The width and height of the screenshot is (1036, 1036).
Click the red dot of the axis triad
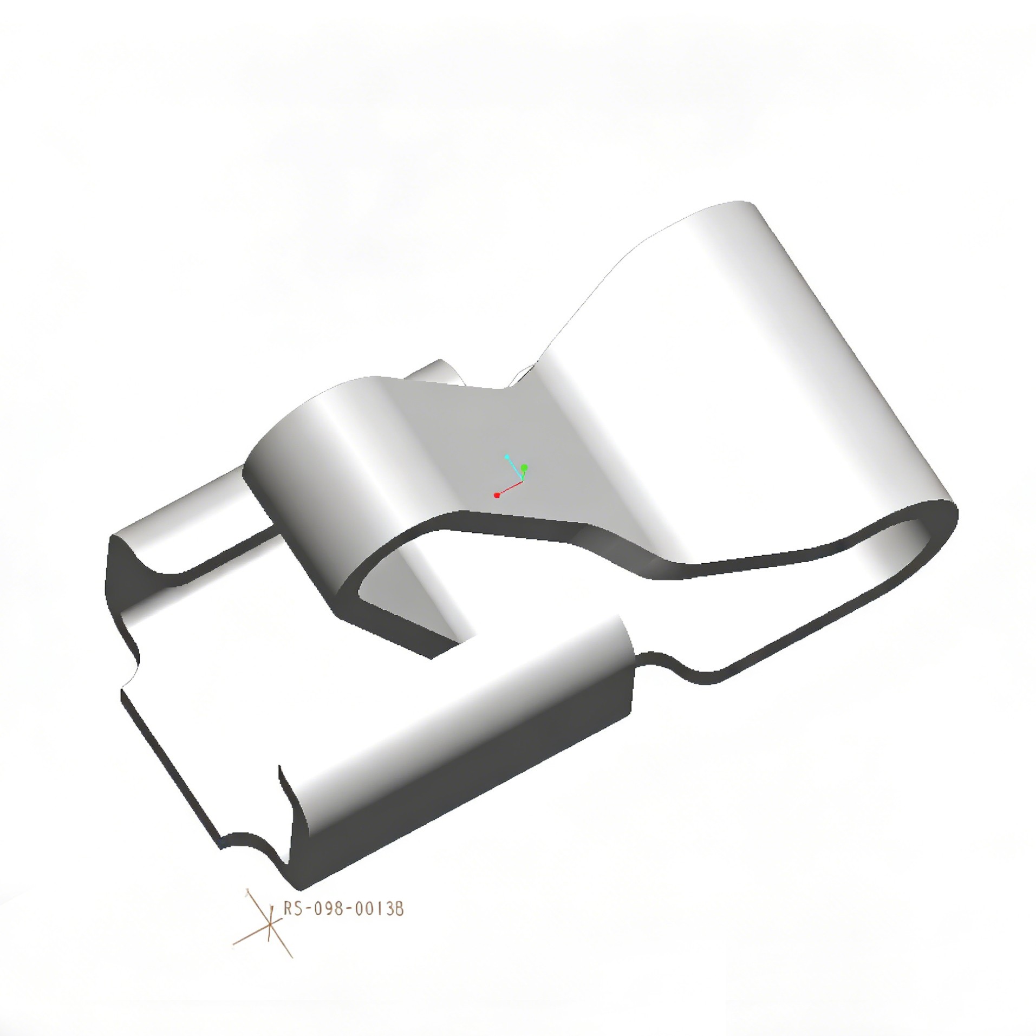496,495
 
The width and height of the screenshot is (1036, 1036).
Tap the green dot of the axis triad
524,467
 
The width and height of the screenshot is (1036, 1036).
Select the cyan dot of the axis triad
507,457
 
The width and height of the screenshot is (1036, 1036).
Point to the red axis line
510,488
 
